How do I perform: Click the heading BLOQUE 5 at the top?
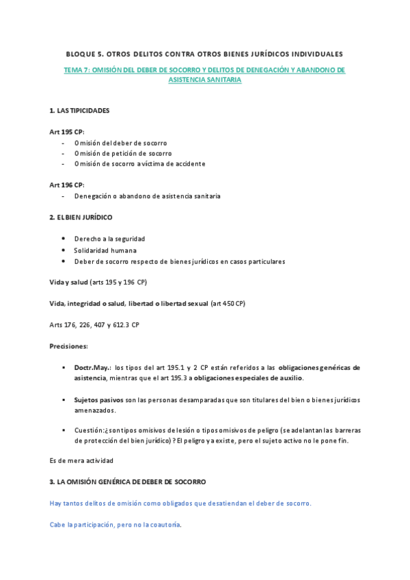(204, 53)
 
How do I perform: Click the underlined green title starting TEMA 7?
(204, 75)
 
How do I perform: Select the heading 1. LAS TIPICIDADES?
(79, 110)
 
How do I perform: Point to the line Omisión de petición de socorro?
(123, 153)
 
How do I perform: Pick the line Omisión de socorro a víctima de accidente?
(139, 164)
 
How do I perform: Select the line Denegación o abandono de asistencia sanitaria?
(147, 196)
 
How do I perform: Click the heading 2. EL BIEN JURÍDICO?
(81, 217)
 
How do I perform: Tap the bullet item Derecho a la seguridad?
(109, 239)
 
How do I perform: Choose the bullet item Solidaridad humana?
(105, 250)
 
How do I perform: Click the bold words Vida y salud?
(68, 282)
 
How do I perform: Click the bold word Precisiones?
(68, 346)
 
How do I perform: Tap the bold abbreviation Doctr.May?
(93, 367)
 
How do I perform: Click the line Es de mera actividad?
(81, 461)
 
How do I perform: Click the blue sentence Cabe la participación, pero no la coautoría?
(115, 525)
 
